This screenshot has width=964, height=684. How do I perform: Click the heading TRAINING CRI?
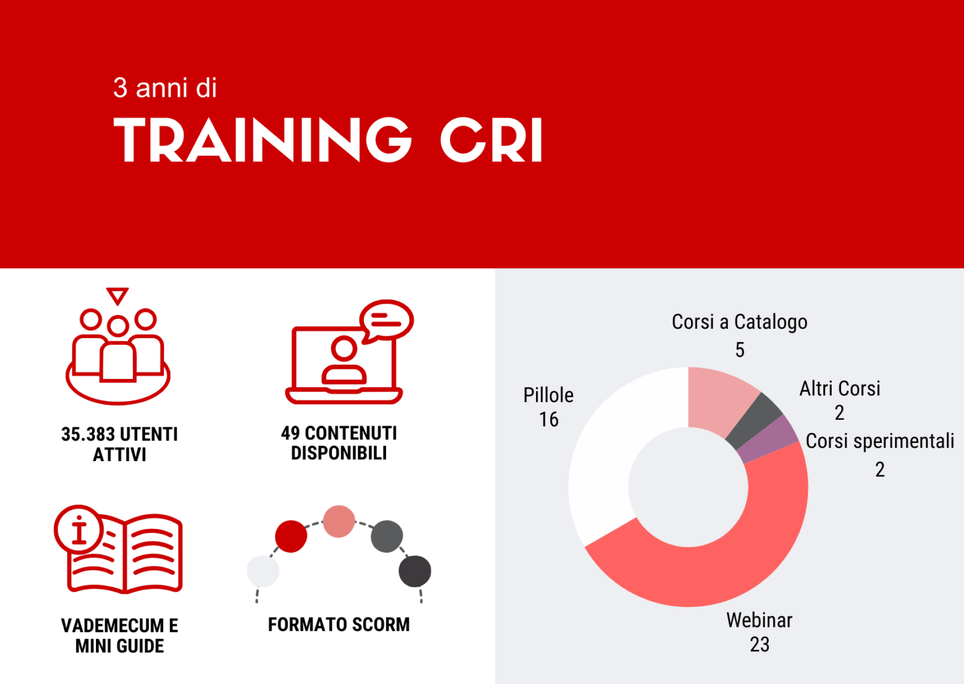click(328, 140)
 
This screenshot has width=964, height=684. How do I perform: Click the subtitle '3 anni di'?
click(165, 88)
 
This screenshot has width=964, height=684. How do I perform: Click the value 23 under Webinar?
click(759, 644)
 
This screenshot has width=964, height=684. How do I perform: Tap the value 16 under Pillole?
click(549, 420)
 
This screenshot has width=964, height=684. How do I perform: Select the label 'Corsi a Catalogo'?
click(739, 322)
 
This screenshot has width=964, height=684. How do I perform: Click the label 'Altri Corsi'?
click(840, 389)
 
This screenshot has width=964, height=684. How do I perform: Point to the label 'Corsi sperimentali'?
click(879, 441)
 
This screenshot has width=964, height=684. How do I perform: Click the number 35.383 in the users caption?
click(88, 434)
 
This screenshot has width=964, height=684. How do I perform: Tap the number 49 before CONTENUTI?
click(290, 433)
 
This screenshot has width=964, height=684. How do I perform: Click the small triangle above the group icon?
click(117, 295)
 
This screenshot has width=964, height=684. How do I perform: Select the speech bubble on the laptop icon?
click(387, 319)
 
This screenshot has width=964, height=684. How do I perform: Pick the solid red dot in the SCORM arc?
click(291, 537)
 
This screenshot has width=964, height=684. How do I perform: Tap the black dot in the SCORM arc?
click(415, 571)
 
